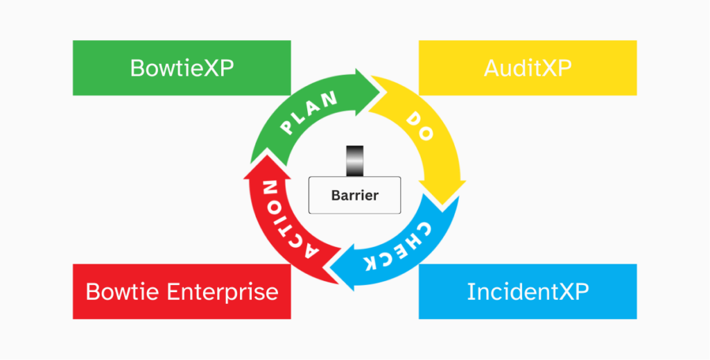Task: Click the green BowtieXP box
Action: [x=182, y=68]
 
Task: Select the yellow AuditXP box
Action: [x=528, y=68]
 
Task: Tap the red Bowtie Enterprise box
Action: [x=182, y=291]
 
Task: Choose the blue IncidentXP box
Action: [x=528, y=291]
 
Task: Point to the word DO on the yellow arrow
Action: [x=422, y=124]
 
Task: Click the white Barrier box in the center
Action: [x=354, y=195]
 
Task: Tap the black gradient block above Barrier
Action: [x=354, y=161]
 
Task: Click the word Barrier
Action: [x=354, y=195]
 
